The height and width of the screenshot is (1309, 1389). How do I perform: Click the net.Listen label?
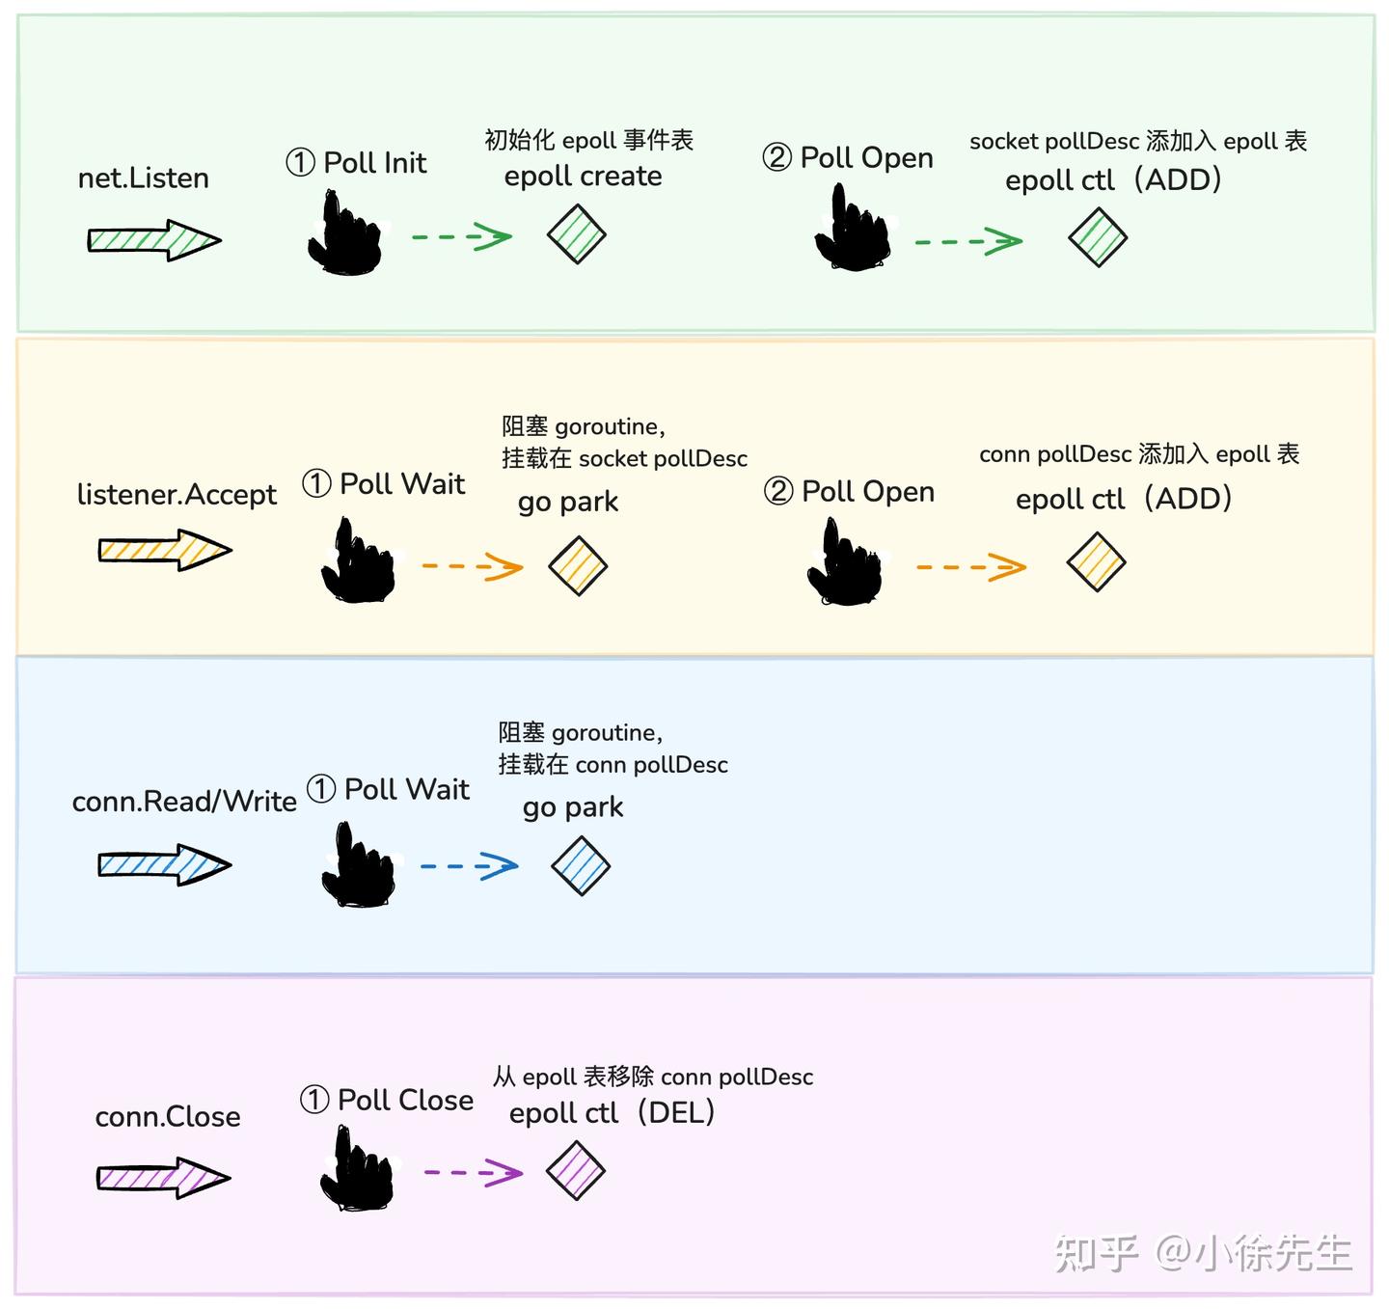[x=144, y=178]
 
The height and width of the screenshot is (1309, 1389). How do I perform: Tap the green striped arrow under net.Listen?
[x=154, y=240]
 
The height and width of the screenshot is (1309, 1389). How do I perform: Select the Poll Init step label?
[x=356, y=163]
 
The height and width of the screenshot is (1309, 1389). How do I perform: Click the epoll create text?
[x=583, y=177]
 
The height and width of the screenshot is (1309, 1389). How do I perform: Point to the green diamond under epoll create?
[x=577, y=234]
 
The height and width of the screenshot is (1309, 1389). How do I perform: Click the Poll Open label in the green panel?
[x=848, y=157]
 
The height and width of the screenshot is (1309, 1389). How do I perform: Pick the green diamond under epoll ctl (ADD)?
[x=1098, y=237]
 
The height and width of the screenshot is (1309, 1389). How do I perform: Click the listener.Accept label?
[x=177, y=495]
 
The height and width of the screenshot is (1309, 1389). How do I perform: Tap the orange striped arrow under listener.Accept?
[x=165, y=551]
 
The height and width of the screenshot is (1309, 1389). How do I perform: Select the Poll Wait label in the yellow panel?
[x=384, y=483]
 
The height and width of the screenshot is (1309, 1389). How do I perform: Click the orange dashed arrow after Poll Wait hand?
[x=473, y=566]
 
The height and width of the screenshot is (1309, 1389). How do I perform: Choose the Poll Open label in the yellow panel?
[x=850, y=492]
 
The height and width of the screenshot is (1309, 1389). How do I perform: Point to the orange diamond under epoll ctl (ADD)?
[x=1097, y=562]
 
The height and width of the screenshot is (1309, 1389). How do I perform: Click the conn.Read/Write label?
[x=184, y=802]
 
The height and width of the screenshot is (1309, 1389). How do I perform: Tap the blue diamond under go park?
[x=581, y=865]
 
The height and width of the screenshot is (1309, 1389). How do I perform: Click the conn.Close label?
[x=168, y=1117]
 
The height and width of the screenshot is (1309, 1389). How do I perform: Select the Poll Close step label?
[x=387, y=1100]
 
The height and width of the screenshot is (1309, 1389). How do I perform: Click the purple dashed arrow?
[x=474, y=1173]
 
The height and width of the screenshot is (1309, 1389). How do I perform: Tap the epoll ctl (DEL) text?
[x=612, y=1113]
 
